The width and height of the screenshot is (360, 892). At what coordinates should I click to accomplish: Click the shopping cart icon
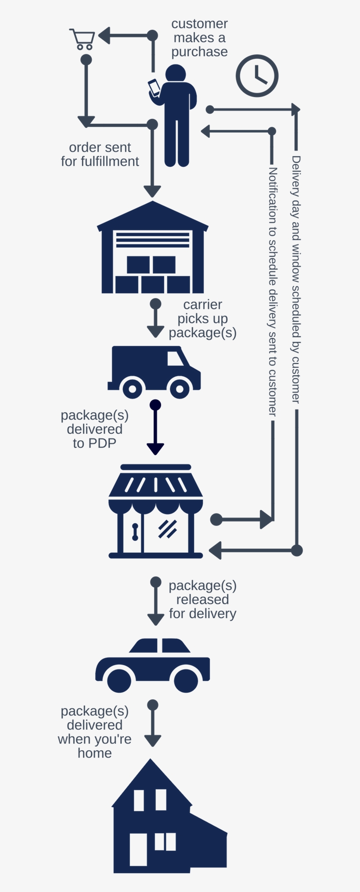(x=82, y=39)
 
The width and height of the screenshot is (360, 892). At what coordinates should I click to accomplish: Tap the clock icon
(x=257, y=76)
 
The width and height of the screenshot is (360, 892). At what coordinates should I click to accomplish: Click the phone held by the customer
(x=155, y=87)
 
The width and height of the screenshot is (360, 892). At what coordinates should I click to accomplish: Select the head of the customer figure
(x=176, y=73)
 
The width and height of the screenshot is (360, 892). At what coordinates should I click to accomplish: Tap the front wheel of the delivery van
(x=180, y=388)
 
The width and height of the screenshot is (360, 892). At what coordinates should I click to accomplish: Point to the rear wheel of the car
(x=119, y=680)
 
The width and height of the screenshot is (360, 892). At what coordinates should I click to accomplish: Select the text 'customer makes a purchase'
(x=199, y=38)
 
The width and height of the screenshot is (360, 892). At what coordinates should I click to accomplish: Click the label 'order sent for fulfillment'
(x=100, y=155)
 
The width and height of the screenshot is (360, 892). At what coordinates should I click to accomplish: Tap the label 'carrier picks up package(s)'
(x=202, y=319)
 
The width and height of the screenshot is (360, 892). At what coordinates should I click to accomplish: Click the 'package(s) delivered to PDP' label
(x=94, y=429)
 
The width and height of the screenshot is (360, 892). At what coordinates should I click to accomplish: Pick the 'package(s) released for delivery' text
(x=202, y=600)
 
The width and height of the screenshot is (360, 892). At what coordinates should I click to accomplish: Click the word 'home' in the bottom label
(x=94, y=753)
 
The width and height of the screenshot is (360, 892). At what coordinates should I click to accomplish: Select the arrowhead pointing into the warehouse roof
(x=152, y=191)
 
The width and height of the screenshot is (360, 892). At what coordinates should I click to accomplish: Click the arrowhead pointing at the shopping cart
(x=104, y=36)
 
